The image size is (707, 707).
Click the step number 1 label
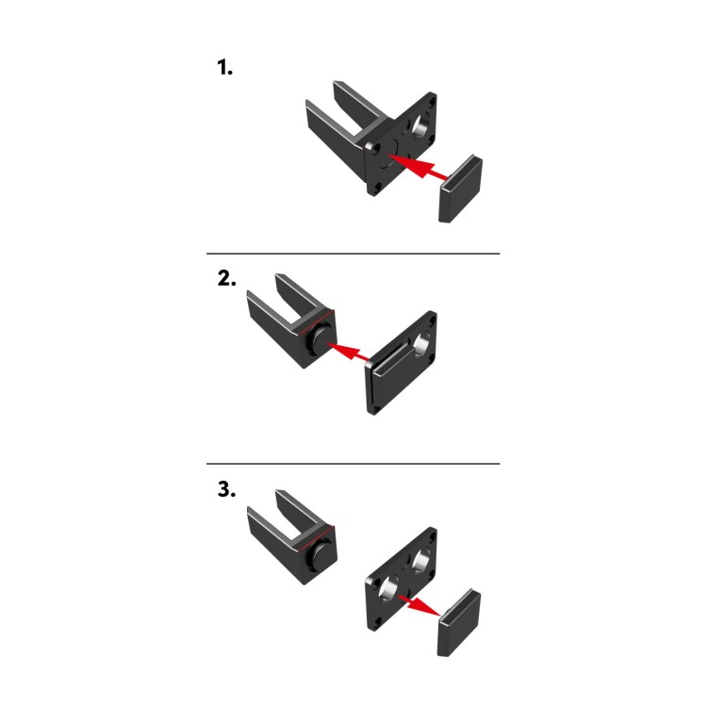(224, 67)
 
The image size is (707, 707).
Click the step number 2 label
(226, 278)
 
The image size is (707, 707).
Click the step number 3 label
(226, 489)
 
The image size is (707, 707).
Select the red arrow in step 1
(418, 167)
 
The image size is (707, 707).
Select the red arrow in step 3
(419, 605)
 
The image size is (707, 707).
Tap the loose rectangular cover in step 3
(459, 622)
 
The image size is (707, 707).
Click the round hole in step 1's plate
(420, 124)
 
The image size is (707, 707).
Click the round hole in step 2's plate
(421, 343)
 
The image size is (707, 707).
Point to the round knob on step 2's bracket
(319, 339)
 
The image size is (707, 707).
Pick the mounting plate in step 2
(401, 363)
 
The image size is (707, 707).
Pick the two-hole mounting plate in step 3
(401, 580)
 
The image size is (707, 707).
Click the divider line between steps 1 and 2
(353, 254)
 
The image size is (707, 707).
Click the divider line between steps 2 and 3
(353, 464)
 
